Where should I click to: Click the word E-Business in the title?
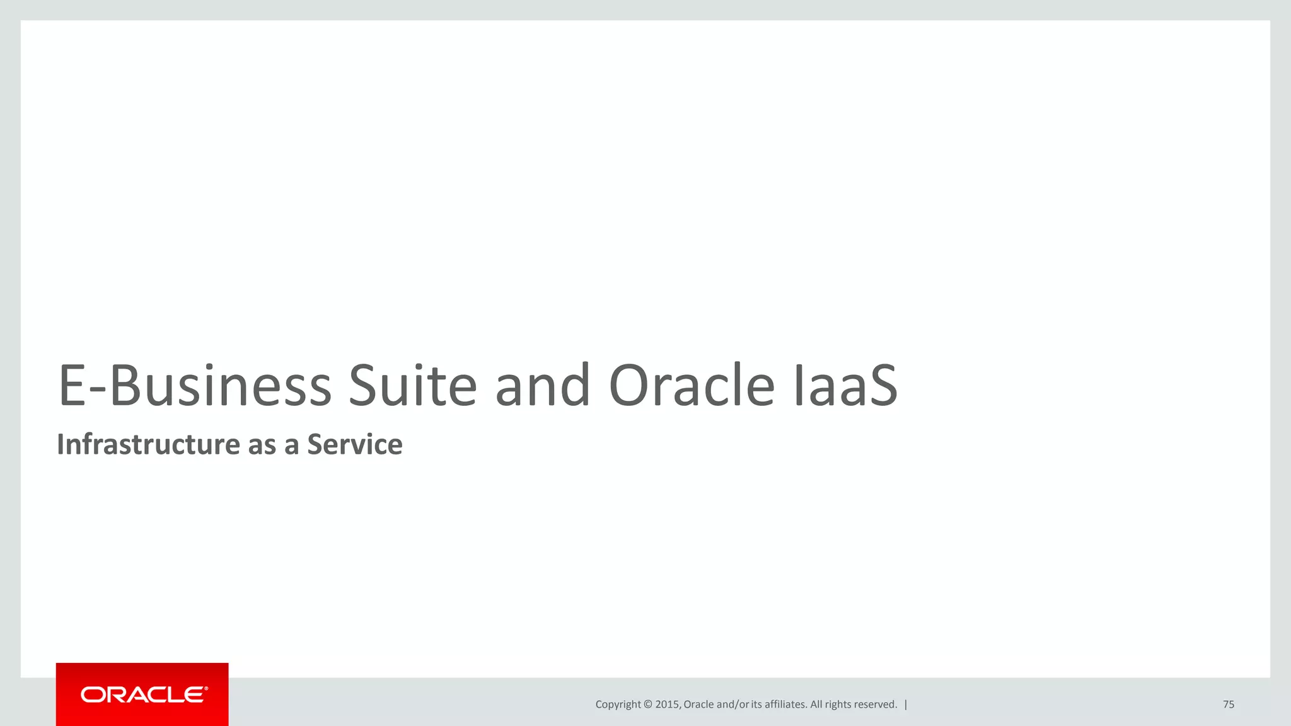click(194, 386)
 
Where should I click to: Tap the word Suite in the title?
click(412, 386)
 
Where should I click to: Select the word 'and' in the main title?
click(542, 386)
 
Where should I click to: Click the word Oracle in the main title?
click(692, 386)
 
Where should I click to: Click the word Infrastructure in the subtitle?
click(148, 444)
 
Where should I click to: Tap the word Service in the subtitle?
click(354, 444)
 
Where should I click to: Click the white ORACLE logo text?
click(142, 695)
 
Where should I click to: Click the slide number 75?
click(1228, 705)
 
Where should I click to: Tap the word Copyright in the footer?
click(618, 705)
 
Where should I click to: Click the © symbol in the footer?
click(647, 705)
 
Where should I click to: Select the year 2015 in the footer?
click(667, 705)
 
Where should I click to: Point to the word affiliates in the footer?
click(785, 705)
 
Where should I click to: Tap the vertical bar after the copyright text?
click(906, 705)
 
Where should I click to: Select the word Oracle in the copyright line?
click(698, 705)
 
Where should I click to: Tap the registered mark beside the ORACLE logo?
click(206, 689)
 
